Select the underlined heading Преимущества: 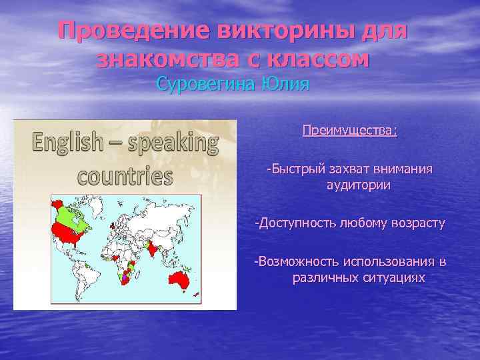pos(349,130)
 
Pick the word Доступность pos(297,222)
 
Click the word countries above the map pos(125,175)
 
